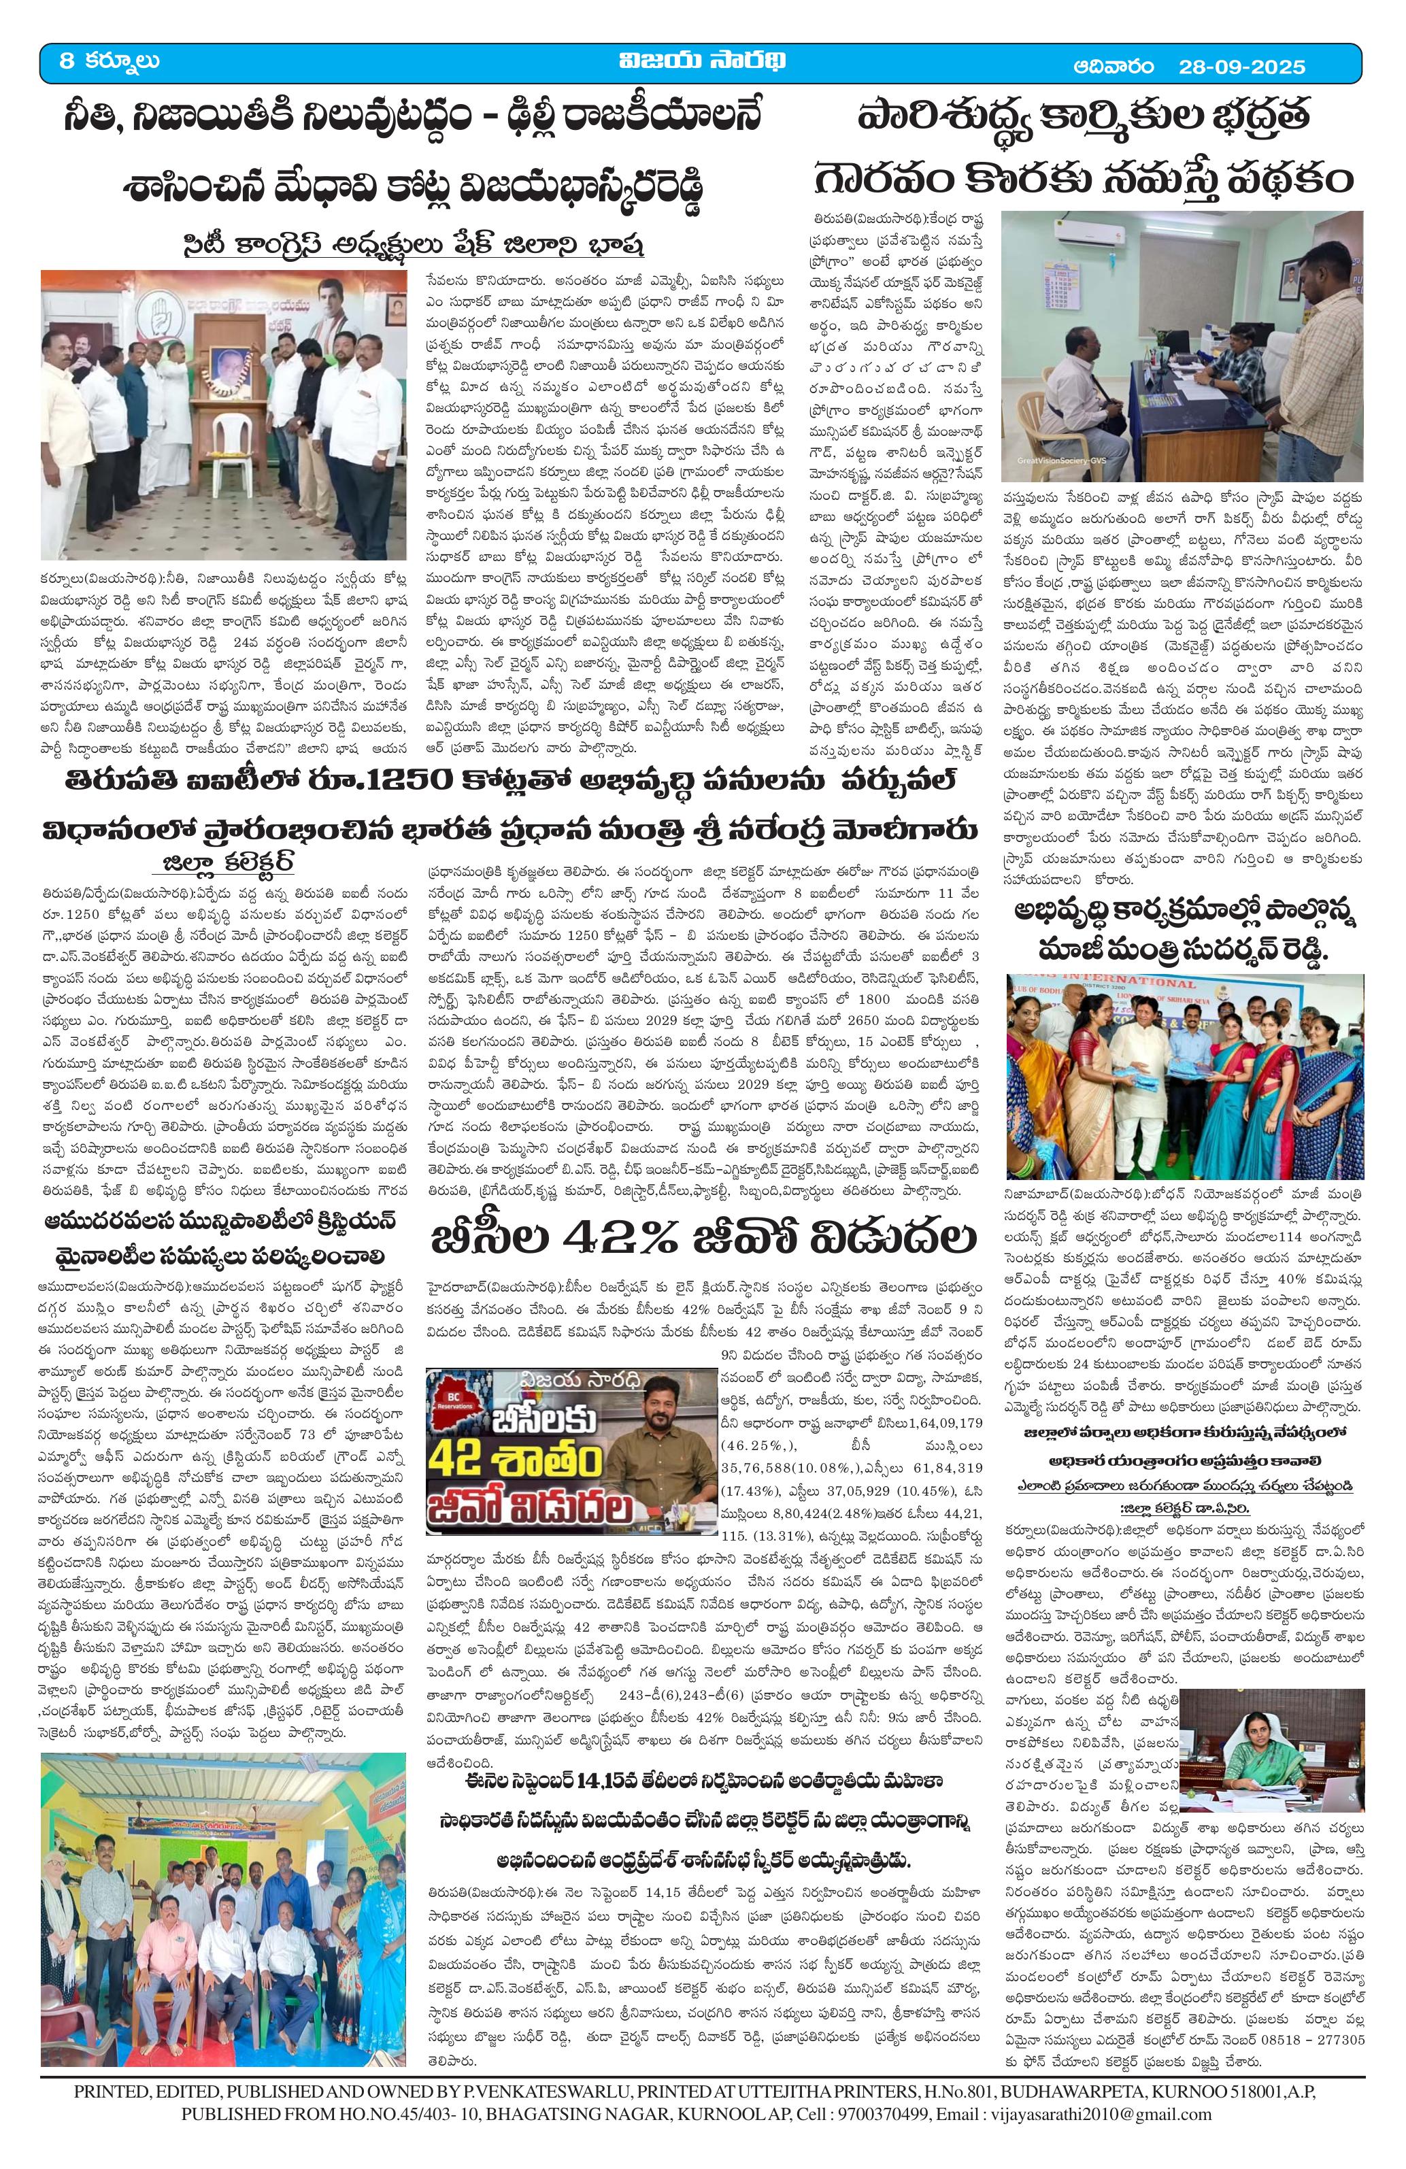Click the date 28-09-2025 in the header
click(x=1241, y=67)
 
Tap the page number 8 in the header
click(x=67, y=62)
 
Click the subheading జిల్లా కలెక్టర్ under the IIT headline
click(x=227, y=863)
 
